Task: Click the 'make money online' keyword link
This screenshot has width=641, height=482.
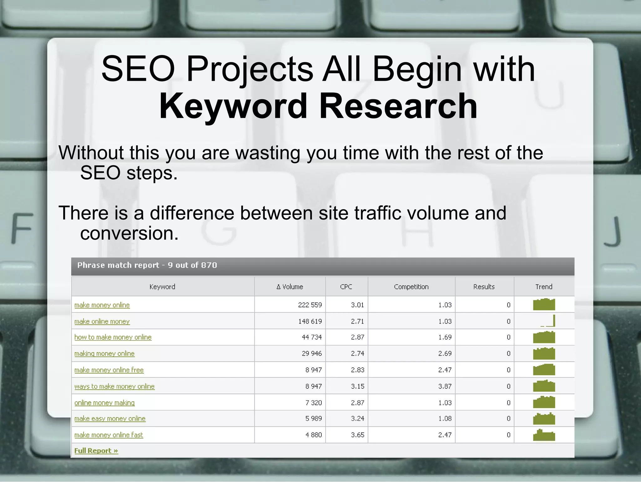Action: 102,305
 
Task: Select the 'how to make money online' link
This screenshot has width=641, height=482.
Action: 113,337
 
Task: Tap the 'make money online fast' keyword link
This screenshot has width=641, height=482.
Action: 109,435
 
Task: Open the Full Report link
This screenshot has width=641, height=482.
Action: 96,451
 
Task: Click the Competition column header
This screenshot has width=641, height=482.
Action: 411,287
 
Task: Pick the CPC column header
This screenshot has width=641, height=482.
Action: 346,287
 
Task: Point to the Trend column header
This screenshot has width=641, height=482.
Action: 544,287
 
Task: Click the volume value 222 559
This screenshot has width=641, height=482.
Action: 310,305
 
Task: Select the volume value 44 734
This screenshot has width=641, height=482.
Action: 312,337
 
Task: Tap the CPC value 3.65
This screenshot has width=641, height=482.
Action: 357,435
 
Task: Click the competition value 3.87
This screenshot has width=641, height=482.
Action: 445,386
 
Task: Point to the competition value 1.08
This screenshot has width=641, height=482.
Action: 445,419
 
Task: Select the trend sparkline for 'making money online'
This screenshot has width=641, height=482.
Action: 544,354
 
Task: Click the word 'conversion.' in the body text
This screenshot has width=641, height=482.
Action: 129,233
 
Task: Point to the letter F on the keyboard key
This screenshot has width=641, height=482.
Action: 22,228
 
